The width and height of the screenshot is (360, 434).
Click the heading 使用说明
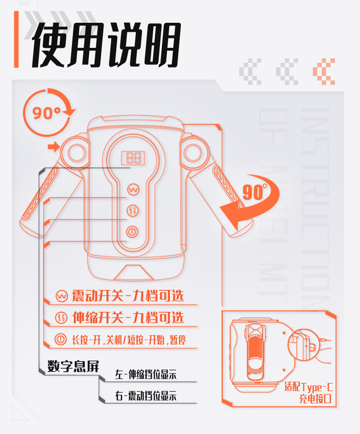106,45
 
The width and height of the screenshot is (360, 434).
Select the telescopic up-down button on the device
133,211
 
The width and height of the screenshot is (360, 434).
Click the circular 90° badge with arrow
46,112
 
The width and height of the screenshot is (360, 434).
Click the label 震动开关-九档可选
128,296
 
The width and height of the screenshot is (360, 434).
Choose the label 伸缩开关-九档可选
128,317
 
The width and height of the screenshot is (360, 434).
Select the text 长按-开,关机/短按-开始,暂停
128,339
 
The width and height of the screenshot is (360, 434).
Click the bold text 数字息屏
73,367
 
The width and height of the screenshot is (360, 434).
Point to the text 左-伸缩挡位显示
145,375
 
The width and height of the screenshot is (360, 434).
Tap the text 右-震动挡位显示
145,396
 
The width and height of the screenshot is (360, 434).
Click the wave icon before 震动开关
61,296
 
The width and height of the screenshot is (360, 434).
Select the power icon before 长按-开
61,339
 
